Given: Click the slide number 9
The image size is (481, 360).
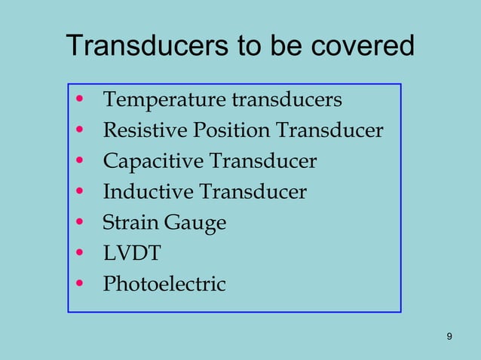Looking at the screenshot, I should (449, 336).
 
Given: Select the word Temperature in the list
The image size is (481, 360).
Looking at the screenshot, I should (164, 100).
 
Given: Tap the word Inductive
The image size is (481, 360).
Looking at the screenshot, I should (148, 193).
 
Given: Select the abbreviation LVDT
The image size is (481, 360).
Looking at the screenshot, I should (132, 254).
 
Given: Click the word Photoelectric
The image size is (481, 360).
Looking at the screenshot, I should (164, 285).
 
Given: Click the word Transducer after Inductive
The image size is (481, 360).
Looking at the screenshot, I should (253, 193).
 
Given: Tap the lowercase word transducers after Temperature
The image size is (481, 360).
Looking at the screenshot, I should (287, 100).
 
